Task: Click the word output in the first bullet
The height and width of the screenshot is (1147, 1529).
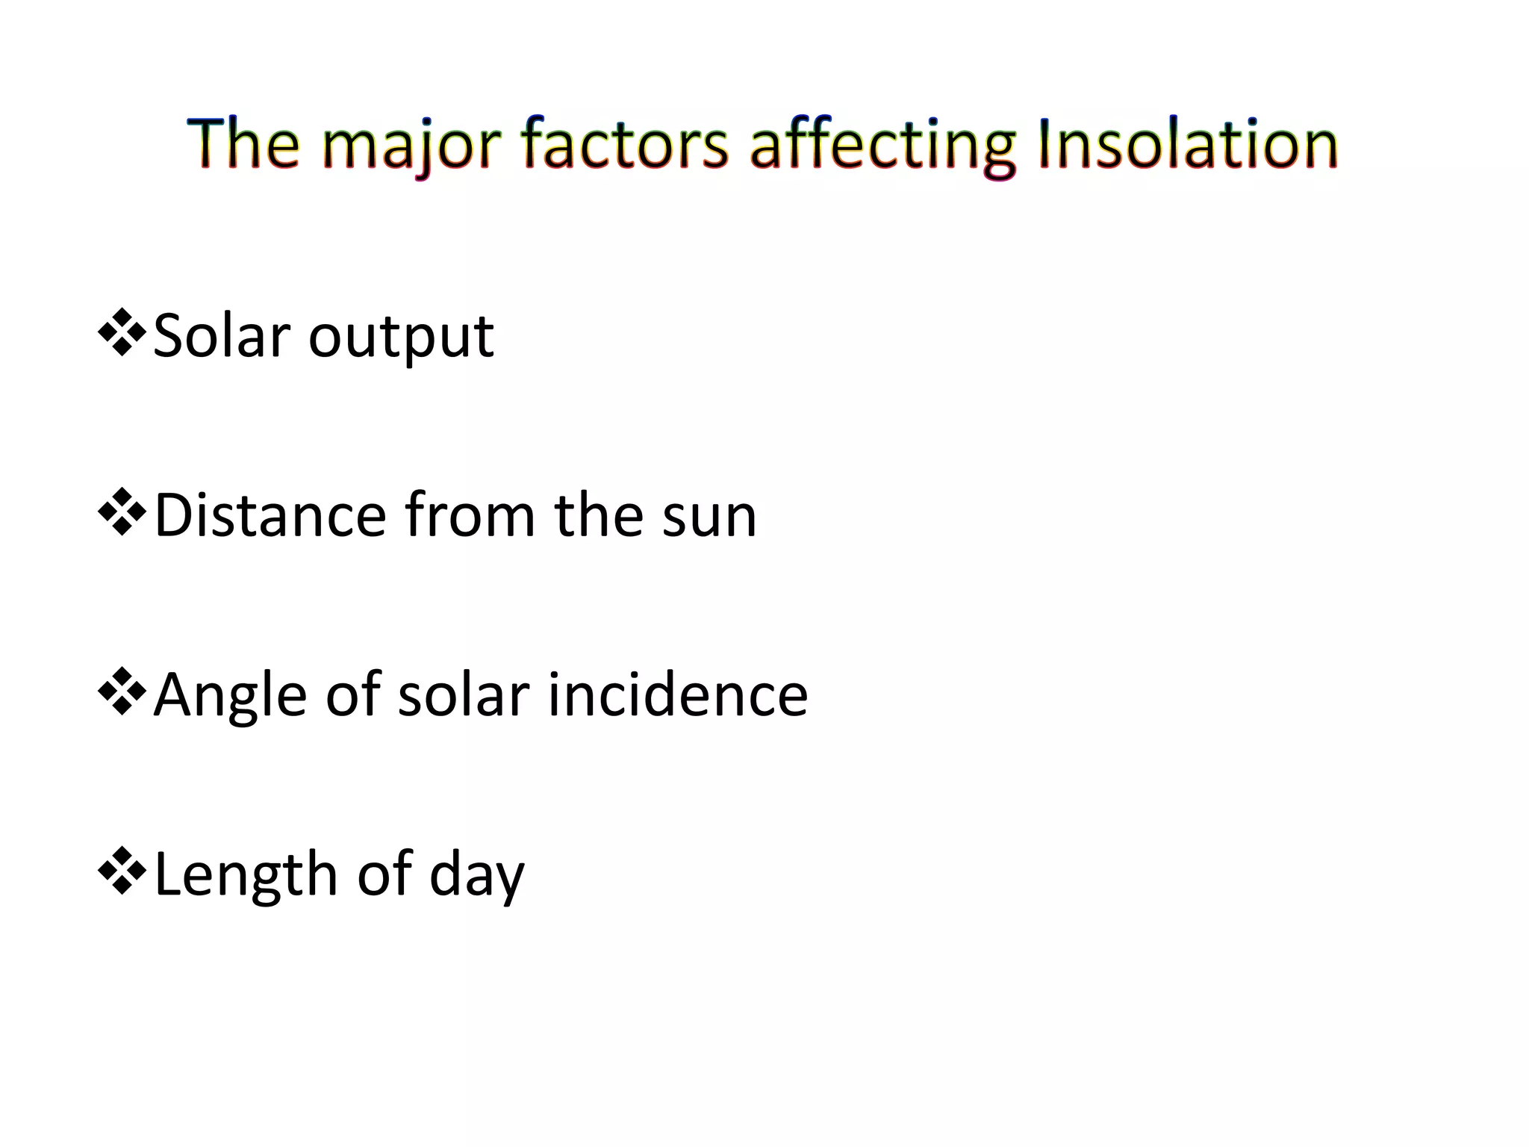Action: click(401, 338)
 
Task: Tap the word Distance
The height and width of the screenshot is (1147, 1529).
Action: click(270, 515)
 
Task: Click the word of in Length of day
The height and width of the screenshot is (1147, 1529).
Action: click(384, 874)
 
